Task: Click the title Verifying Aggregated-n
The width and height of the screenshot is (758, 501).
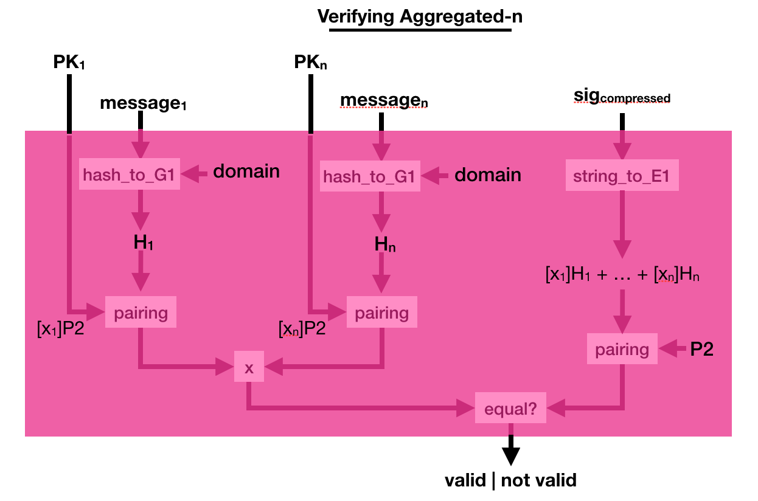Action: [x=420, y=17]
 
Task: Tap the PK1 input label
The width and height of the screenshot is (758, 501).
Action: [x=69, y=63]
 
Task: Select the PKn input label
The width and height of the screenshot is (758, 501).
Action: [x=310, y=63]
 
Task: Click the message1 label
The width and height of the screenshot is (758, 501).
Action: [x=143, y=103]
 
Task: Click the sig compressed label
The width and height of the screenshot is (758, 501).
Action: [x=622, y=97]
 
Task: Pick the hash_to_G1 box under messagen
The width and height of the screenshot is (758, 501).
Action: [x=369, y=177]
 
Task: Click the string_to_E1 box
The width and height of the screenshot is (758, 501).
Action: [x=622, y=176]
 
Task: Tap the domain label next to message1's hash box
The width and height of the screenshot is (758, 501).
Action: [x=246, y=171]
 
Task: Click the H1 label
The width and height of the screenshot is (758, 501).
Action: [x=144, y=243]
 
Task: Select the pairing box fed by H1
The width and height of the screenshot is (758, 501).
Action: [x=141, y=313]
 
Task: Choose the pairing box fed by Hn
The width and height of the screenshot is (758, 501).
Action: [x=382, y=313]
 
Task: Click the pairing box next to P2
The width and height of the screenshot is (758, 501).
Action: [x=622, y=349]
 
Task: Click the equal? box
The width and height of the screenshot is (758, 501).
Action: [x=510, y=409]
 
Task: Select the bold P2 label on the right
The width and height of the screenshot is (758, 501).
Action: [x=701, y=349]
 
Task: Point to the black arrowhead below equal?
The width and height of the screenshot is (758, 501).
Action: [x=510, y=455]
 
